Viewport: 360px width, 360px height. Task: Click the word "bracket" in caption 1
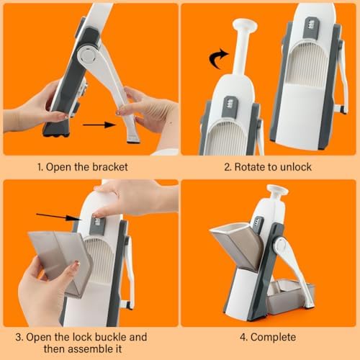pos(110,167)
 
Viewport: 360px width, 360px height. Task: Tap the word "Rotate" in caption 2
pos(248,167)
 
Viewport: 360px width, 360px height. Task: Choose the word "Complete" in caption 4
pos(274,338)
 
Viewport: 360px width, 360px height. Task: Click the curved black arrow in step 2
pos(217,59)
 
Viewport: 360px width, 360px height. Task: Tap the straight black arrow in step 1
pos(99,125)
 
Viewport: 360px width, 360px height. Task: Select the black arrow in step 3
pos(59,217)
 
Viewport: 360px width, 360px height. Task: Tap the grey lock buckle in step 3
pos(98,226)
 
